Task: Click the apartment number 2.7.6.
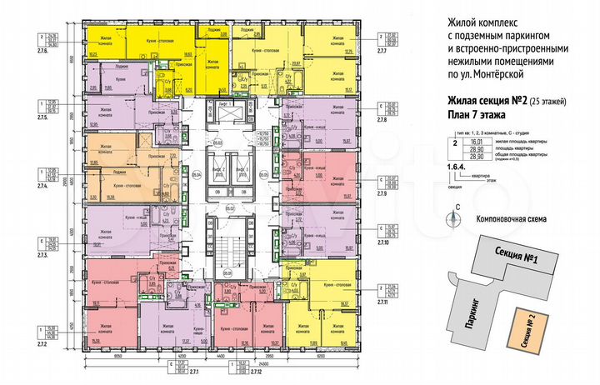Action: pyautogui.click(x=42, y=52)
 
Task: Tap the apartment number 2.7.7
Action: pyautogui.click(x=383, y=51)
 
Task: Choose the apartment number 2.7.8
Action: pyautogui.click(x=383, y=120)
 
